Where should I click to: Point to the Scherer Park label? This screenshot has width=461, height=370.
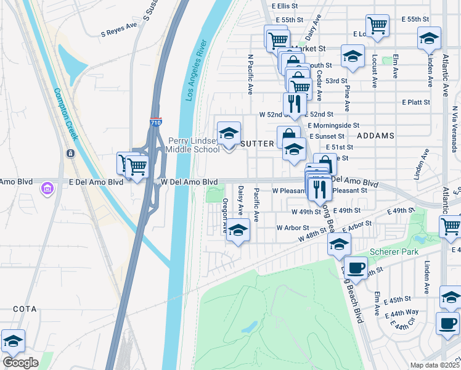coord(394,252)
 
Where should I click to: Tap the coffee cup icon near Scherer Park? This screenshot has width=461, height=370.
coord(356,267)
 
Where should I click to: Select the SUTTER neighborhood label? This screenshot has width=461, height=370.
coord(256,143)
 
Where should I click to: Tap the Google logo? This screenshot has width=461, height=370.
coord(20,363)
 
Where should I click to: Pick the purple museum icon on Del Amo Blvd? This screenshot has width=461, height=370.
coord(47,188)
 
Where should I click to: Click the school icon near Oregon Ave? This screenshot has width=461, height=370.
coord(239,230)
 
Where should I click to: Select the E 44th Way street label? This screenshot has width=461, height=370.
coord(401,313)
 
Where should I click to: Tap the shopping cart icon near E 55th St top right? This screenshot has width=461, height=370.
coord(377,25)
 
